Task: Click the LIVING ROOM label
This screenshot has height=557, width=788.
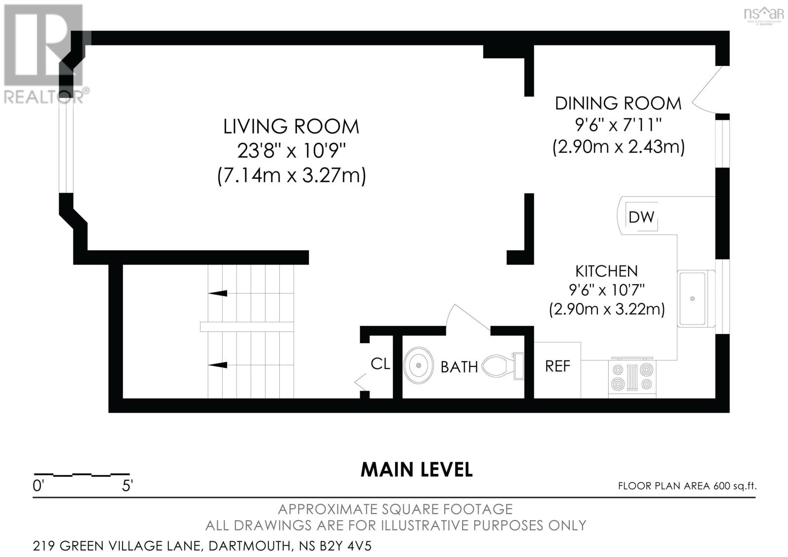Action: click(x=291, y=127)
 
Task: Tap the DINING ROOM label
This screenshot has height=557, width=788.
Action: click(x=618, y=103)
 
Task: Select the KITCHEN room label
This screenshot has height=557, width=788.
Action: click(x=606, y=271)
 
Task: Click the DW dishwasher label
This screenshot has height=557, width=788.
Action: click(x=641, y=218)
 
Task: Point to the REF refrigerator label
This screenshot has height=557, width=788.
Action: click(x=558, y=366)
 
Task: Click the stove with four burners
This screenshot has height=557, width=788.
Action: click(x=632, y=377)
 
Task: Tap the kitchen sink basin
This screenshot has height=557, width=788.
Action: click(x=692, y=298)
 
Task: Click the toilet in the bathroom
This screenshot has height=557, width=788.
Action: click(x=503, y=366)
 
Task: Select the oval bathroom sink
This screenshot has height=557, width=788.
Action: click(x=418, y=365)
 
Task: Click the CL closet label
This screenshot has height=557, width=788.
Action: click(x=380, y=364)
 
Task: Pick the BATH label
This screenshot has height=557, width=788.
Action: click(x=459, y=367)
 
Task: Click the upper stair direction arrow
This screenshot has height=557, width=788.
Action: click(x=217, y=293)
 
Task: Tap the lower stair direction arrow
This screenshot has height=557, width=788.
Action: click(x=217, y=365)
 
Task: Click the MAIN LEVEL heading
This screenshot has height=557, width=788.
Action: click(x=417, y=470)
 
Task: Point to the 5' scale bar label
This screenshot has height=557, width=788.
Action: click(x=127, y=486)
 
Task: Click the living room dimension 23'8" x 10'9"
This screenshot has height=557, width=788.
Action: click(x=292, y=151)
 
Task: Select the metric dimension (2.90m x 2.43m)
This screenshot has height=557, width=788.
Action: click(x=619, y=147)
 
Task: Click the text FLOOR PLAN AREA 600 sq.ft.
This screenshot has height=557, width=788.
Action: click(x=688, y=486)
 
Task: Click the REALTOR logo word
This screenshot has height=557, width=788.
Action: click(x=44, y=97)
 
